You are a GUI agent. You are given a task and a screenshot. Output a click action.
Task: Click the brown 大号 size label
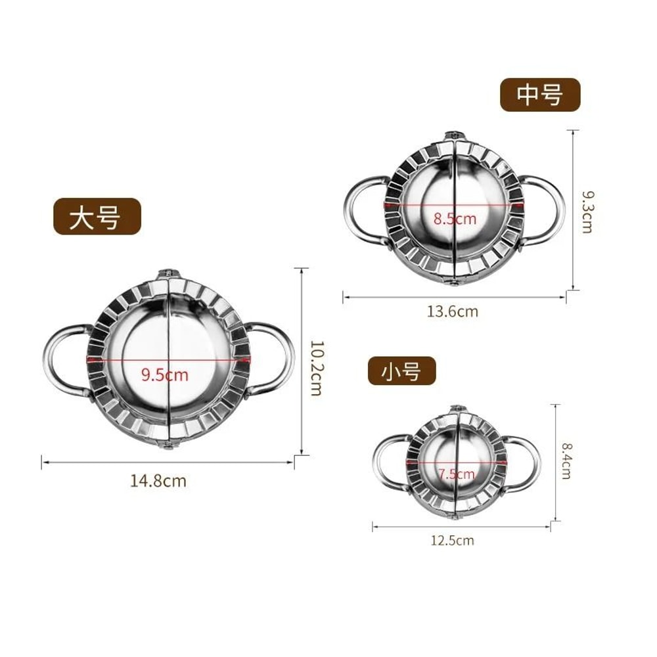[97, 217]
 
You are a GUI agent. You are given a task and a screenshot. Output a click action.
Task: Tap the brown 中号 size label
[540, 95]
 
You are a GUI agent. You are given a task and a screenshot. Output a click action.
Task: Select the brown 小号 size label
[401, 372]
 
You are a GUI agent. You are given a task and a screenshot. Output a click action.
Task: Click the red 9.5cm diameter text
[164, 375]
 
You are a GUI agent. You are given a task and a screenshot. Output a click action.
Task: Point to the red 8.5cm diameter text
[454, 218]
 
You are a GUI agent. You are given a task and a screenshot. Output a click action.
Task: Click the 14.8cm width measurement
[158, 481]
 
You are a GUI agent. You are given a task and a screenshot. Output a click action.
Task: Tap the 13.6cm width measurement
[453, 311]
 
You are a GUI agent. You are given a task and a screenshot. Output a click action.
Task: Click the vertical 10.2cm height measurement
[315, 367]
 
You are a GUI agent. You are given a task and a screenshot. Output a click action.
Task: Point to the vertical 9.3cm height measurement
[587, 212]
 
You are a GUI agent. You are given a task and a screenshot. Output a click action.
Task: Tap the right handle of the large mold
[275, 358]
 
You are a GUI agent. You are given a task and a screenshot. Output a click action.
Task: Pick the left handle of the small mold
[388, 463]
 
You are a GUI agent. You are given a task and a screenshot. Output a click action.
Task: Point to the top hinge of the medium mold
[455, 136]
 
